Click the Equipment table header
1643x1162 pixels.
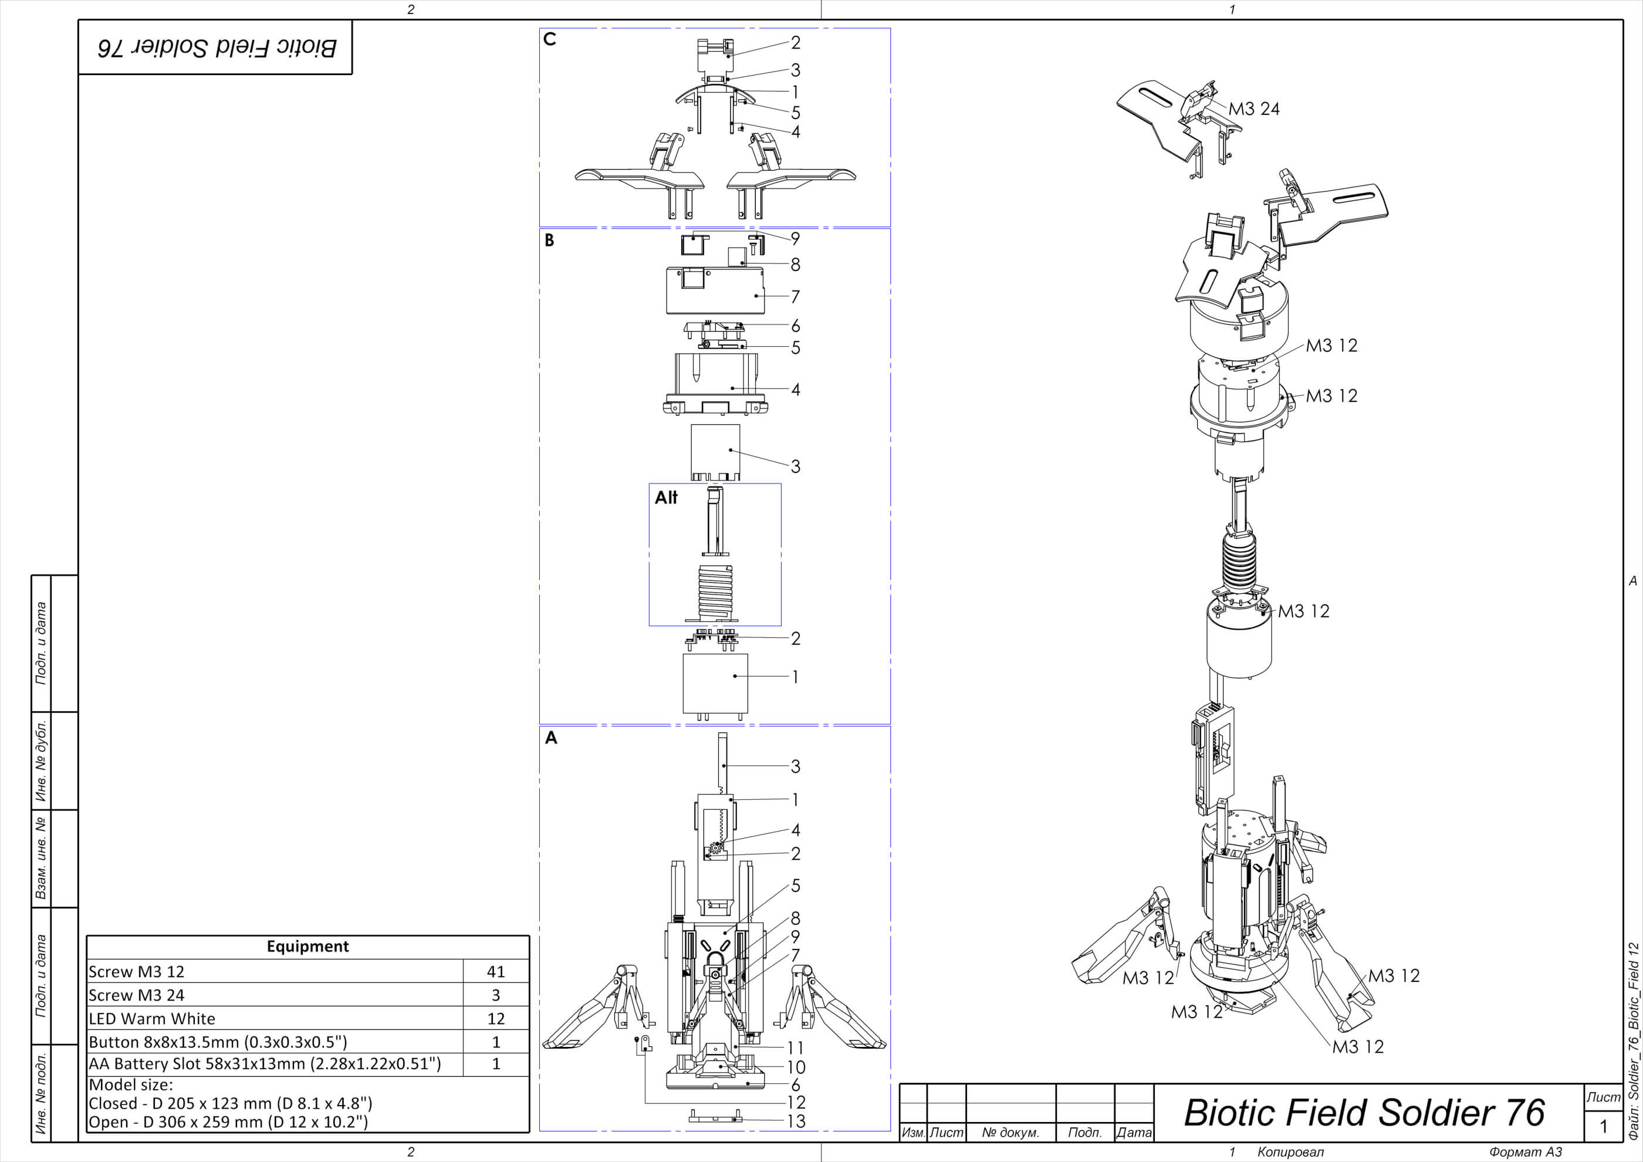[307, 947]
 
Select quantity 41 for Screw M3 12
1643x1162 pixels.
[496, 972]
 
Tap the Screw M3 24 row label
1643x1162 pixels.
[137, 995]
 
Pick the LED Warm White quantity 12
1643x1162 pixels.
[496, 1019]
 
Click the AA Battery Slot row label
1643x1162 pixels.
[265, 1064]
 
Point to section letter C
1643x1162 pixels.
[550, 39]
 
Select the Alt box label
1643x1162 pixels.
[665, 497]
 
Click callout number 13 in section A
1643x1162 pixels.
[796, 1122]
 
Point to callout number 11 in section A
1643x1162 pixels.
[795, 1048]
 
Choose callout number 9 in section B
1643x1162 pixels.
[795, 239]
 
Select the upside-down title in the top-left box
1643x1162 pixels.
[216, 48]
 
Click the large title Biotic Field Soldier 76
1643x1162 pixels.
[1364, 1113]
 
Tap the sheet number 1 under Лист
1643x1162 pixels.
[1603, 1126]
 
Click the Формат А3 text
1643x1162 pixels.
[1526, 1152]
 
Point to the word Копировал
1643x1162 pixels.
[1290, 1152]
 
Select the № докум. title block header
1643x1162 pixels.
[1010, 1133]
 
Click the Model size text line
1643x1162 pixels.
[131, 1085]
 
